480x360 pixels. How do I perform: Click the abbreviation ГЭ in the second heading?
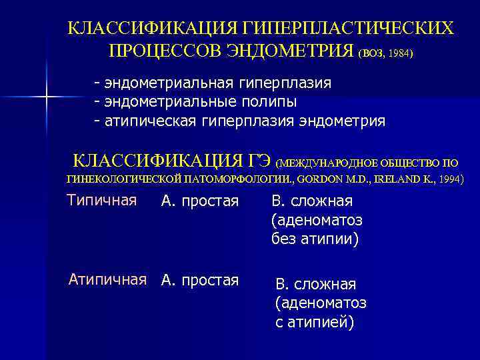click(x=259, y=161)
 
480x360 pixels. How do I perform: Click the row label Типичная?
click(x=102, y=200)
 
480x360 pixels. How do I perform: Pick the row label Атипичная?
click(x=107, y=279)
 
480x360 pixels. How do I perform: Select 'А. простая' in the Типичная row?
click(x=199, y=201)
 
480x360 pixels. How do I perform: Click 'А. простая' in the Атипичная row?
click(x=199, y=280)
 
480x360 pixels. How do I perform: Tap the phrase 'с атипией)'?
click(x=314, y=322)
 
